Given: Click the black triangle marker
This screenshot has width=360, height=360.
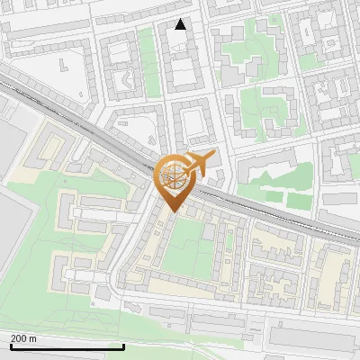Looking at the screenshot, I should (181, 24).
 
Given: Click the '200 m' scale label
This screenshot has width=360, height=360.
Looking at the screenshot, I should (23, 338).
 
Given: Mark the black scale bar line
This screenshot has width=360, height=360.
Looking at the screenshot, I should (67, 346).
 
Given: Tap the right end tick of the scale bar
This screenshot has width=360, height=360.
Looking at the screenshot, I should (123, 346).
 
